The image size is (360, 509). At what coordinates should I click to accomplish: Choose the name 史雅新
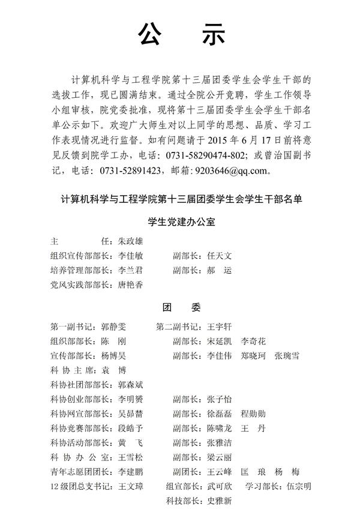pyautogui.click(x=219, y=501)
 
